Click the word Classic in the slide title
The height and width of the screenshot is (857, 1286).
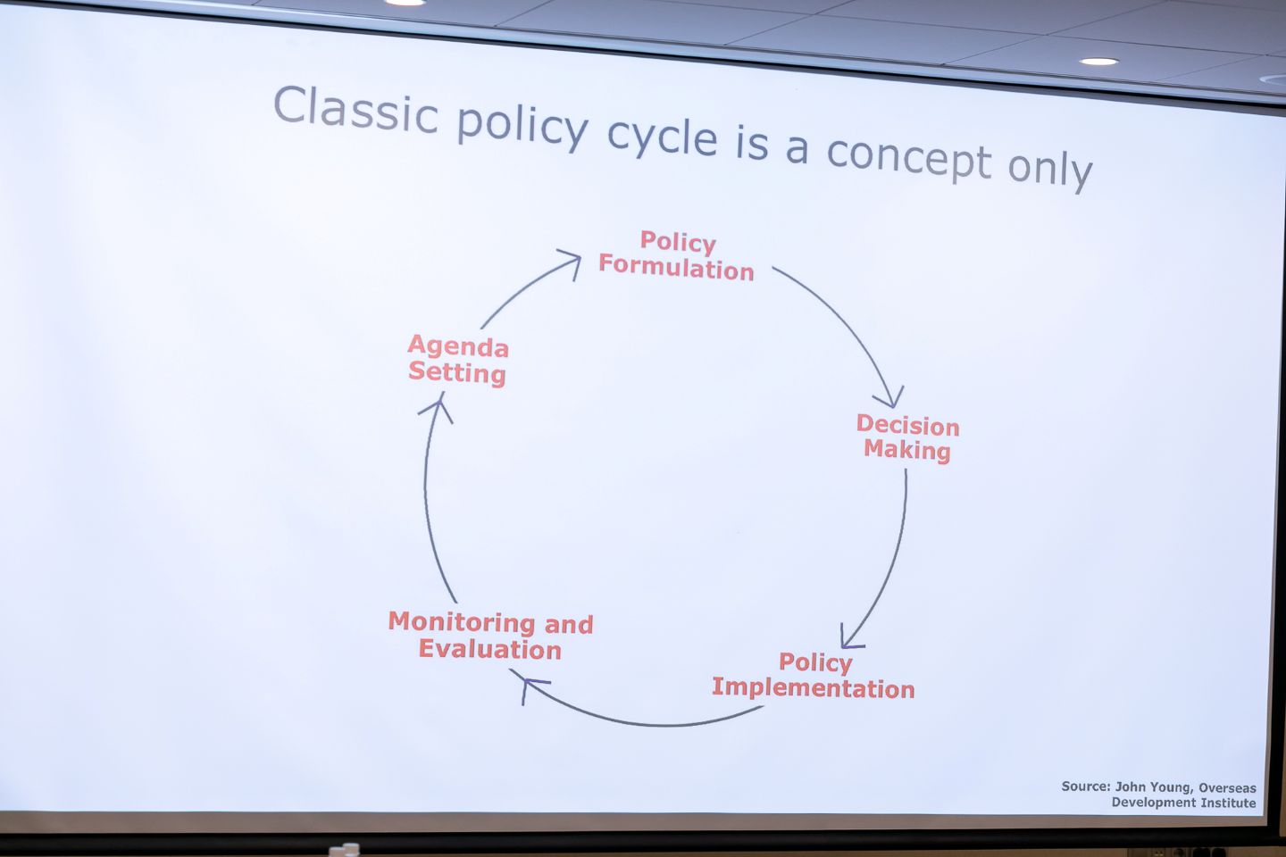click(356, 109)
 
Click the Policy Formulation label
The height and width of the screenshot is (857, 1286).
click(676, 256)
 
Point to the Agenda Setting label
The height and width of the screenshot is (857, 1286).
click(457, 360)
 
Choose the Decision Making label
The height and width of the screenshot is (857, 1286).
click(907, 437)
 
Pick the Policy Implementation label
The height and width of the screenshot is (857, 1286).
click(813, 675)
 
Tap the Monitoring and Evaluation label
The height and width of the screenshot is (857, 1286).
click(491, 636)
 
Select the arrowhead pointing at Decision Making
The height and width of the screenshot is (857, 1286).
click(889, 397)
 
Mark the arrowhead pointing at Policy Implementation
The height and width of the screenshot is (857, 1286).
click(850, 637)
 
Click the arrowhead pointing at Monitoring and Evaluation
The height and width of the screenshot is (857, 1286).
click(531, 688)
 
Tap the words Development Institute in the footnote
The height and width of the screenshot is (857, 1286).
click(1184, 803)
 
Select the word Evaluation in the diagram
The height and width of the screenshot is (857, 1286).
click(489, 649)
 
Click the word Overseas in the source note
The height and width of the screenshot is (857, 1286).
click(1227, 788)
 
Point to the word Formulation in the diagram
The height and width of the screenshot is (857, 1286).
click(676, 269)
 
